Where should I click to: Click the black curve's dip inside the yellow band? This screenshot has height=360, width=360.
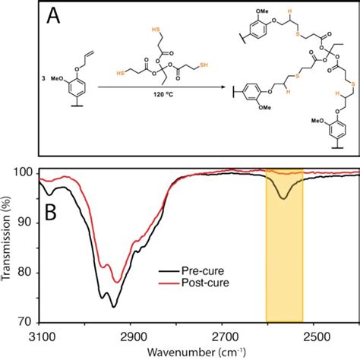(x=283, y=198)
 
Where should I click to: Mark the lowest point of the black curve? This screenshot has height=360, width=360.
(x=113, y=306)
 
